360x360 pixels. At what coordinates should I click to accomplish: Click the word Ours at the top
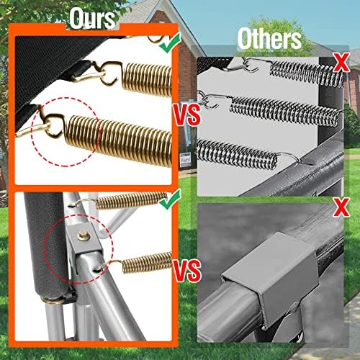(x=93, y=19)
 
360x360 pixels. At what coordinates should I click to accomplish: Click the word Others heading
(x=269, y=39)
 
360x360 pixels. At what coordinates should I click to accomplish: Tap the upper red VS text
(x=187, y=114)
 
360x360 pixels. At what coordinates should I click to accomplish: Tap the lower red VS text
(x=187, y=271)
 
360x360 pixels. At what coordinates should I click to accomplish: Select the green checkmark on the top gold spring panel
(x=171, y=42)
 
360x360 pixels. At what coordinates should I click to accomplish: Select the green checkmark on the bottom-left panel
(x=171, y=199)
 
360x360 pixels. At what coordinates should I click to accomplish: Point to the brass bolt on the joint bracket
(x=84, y=235)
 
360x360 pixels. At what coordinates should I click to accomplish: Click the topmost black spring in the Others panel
(x=306, y=73)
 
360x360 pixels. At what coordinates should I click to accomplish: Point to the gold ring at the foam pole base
(x=54, y=300)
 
